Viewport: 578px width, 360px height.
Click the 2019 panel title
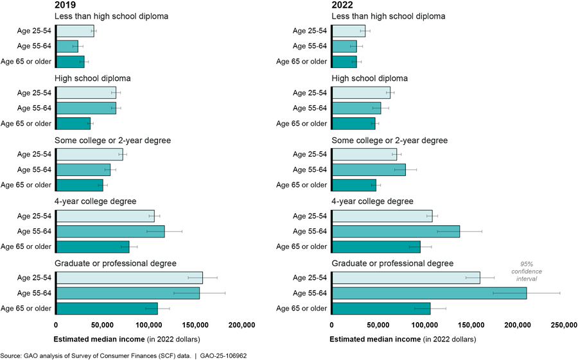pos(66,5)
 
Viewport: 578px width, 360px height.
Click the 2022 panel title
pos(342,5)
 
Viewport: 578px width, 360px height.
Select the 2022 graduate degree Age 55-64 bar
pos(428,293)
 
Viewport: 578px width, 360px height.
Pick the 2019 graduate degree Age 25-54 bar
pos(129,277)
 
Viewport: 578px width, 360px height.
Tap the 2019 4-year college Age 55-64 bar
pos(110,231)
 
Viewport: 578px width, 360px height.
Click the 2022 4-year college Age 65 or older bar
pos(376,246)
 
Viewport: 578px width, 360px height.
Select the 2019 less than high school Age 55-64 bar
pos(67,46)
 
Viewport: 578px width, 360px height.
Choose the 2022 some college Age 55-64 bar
pos(369,169)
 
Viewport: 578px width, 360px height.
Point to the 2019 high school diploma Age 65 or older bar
pos(73,123)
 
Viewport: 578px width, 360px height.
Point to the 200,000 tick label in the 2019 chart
pos(241,325)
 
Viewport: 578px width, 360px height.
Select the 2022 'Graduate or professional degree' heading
pos(392,263)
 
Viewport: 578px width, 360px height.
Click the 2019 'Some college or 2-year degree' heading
pos(113,140)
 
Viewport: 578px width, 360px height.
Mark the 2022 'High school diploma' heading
pos(369,78)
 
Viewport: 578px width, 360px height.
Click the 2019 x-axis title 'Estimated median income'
pos(98,339)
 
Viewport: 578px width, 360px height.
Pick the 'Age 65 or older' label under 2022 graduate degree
pos(301,308)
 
